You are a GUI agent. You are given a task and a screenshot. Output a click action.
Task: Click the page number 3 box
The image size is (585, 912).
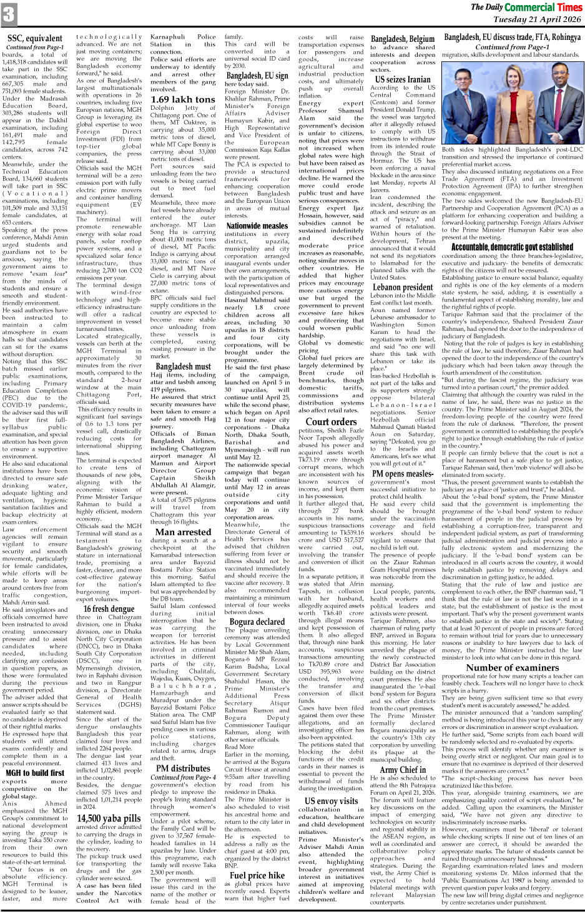pos(9,13)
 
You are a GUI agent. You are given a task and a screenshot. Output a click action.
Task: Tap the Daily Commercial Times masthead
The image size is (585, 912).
pos(526,7)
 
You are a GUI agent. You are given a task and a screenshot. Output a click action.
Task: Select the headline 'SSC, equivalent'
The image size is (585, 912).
pos(35,39)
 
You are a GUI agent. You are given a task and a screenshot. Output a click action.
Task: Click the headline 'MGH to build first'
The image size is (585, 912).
pos(35,772)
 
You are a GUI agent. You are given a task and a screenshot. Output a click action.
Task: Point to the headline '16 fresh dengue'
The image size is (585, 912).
pos(109,609)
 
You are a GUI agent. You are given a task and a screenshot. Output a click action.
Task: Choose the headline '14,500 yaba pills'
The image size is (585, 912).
pos(109,818)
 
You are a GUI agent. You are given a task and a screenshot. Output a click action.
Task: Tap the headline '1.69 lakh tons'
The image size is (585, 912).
pos(182,99)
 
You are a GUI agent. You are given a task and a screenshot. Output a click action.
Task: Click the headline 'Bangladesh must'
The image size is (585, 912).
pos(183,366)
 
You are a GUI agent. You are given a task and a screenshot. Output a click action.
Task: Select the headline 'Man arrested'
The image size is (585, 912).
pos(183,532)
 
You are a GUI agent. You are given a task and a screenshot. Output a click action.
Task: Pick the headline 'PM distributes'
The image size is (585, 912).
pos(183,768)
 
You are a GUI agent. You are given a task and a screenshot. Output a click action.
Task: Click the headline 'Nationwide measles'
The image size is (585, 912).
pos(257,226)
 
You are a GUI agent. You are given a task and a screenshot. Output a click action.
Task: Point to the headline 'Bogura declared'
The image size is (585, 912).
pos(257,622)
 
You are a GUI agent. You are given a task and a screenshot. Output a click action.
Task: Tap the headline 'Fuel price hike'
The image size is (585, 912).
pos(257,875)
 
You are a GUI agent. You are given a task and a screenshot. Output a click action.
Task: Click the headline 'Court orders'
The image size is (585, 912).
pos(331,421)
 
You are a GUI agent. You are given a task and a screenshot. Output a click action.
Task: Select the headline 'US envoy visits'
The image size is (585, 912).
pos(331,801)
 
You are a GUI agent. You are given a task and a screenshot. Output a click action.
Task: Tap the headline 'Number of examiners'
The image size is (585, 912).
pos(512,667)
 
